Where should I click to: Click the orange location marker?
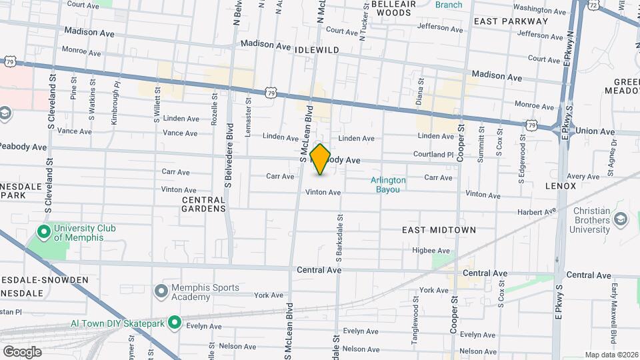point(321,159)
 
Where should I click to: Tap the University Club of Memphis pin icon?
point(44,233)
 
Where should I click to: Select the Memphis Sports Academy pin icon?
point(161,291)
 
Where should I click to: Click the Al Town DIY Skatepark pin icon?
point(175,323)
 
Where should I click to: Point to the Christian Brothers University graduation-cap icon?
point(621,219)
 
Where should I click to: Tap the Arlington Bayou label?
point(388,185)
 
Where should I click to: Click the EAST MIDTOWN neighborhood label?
point(439,230)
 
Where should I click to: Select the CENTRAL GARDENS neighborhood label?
point(203,204)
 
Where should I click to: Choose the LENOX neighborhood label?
point(560,186)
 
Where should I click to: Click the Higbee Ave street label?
point(431,251)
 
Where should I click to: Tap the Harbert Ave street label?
point(537,213)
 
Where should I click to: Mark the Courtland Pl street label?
point(428,155)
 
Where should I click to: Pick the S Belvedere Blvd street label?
point(228,155)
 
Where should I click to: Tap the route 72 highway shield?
point(593,5)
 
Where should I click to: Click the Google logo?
point(22,351)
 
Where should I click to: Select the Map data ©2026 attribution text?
point(611,355)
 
